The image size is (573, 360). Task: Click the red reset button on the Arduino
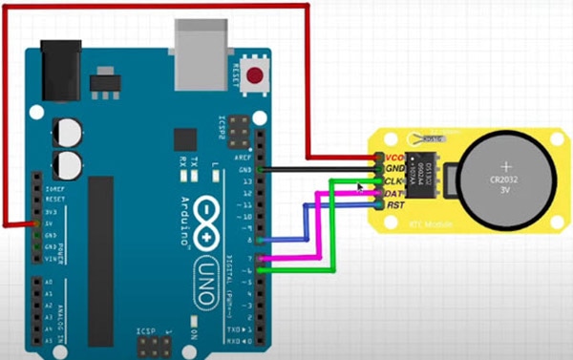tap(255, 76)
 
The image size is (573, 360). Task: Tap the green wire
tap(330, 229)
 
